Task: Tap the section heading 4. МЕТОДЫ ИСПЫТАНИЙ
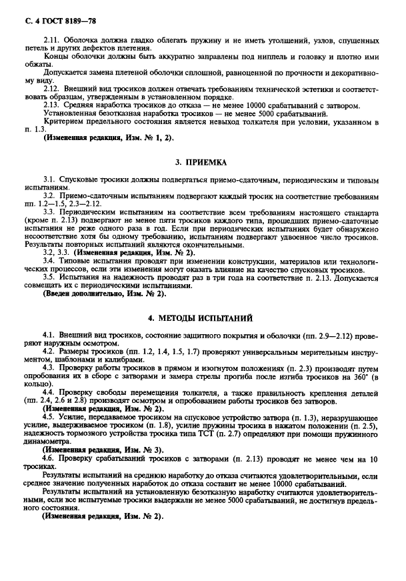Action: coord(203,318)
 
